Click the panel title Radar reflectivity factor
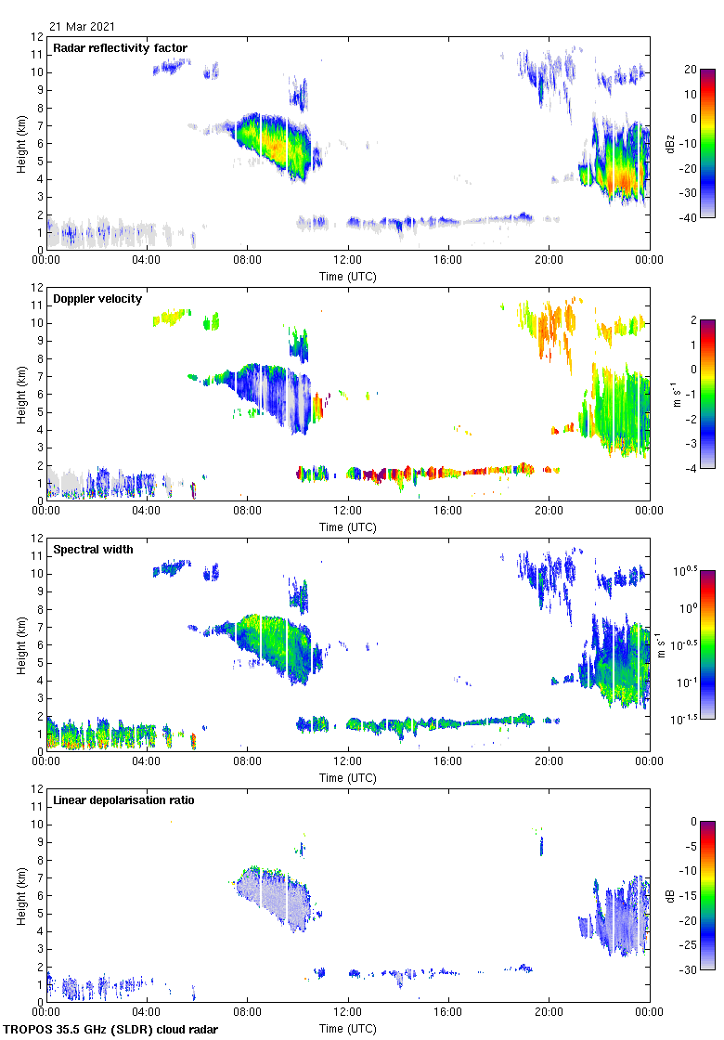pyautogui.click(x=121, y=48)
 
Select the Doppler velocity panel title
pyautogui.click(x=97, y=299)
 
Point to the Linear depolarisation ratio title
pyautogui.click(x=123, y=800)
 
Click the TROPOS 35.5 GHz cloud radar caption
pyautogui.click(x=111, y=1030)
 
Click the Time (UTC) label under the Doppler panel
pyautogui.click(x=348, y=527)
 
